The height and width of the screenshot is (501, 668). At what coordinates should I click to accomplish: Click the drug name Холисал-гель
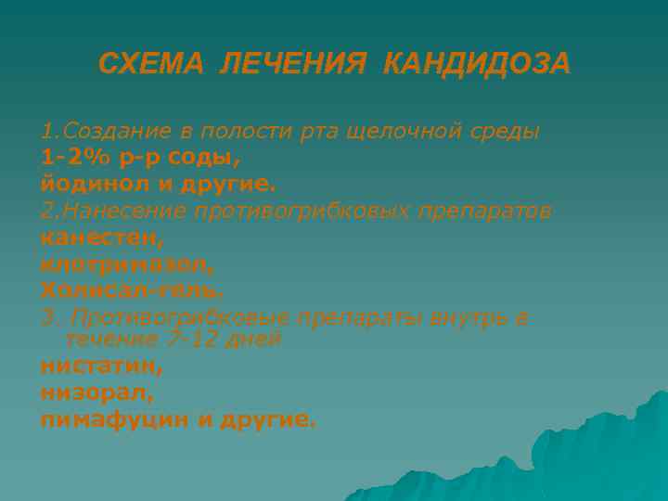(132, 290)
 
